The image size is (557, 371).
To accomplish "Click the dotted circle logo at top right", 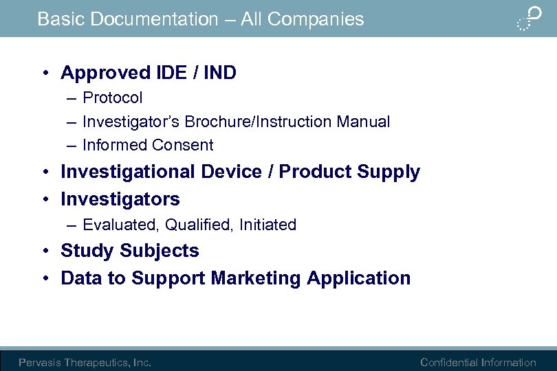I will [x=529, y=18].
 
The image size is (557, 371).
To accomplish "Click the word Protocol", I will [x=113, y=98].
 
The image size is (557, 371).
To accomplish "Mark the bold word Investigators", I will [x=120, y=199].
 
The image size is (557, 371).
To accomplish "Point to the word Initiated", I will [x=267, y=225].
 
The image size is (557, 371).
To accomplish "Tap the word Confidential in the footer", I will [x=449, y=363].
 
